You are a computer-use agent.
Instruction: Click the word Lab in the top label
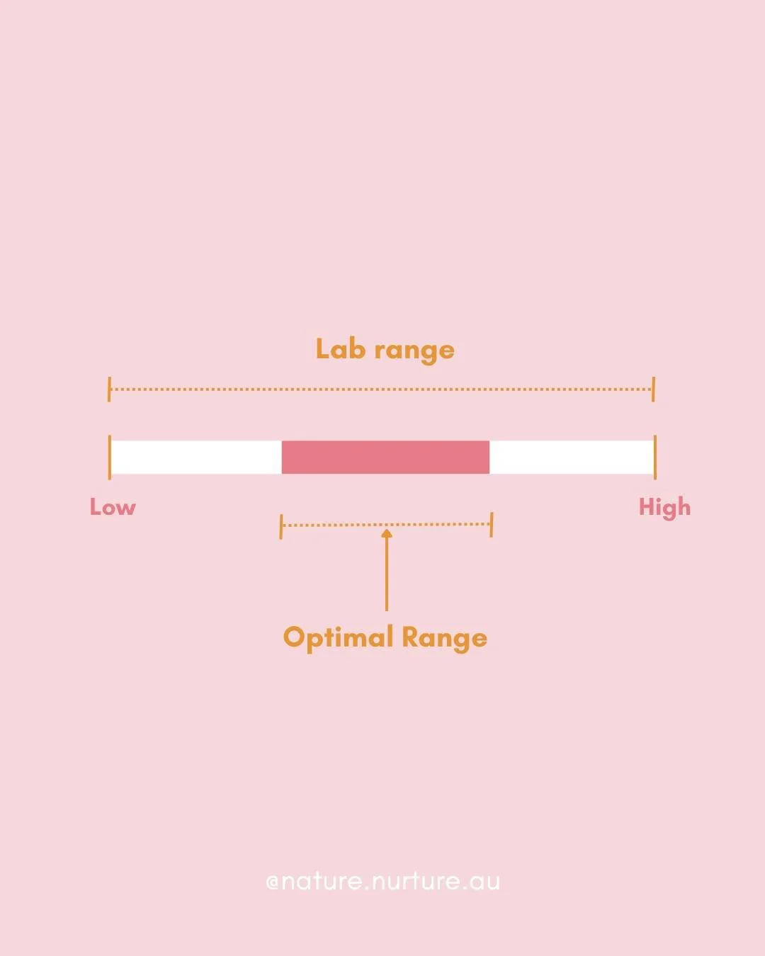coord(341,349)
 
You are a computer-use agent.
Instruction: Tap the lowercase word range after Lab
coord(414,351)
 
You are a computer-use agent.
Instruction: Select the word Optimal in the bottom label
coord(338,637)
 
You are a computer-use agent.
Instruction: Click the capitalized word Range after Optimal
coord(444,638)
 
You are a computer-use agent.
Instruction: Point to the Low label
coord(113,507)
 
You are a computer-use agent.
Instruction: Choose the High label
coord(664,508)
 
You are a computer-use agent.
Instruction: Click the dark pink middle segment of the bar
coord(385,457)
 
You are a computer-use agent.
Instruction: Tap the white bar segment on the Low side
coord(196,457)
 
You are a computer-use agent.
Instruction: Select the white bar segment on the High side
coord(571,457)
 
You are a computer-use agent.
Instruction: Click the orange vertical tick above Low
coord(110,457)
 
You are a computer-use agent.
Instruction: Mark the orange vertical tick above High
coord(655,457)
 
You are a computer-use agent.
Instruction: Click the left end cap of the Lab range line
coord(109,389)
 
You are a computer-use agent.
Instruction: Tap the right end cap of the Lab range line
coord(653,389)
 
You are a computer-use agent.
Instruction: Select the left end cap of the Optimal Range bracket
coord(281,526)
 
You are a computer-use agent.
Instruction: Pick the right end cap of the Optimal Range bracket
coord(491,525)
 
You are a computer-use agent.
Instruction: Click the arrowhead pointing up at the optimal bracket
coord(387,533)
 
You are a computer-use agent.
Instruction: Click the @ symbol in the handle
coord(273,882)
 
